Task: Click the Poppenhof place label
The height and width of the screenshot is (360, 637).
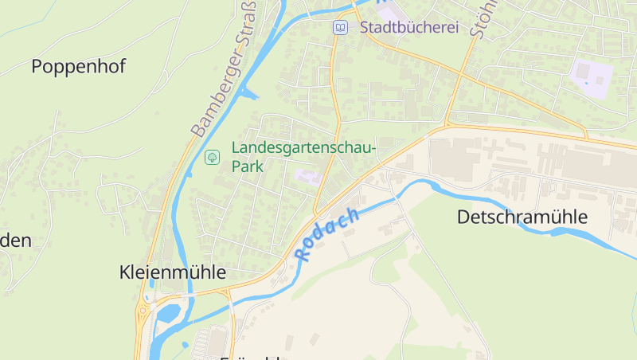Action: (78, 66)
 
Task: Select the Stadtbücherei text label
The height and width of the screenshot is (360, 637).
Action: (409, 28)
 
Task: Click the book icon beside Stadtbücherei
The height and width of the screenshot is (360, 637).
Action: (340, 28)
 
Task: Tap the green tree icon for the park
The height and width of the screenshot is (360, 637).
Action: (213, 157)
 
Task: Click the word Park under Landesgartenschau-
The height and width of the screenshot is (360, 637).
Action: (247, 167)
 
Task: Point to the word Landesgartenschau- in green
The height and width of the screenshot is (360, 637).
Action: (303, 148)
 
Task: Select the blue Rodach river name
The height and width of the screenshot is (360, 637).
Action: (327, 235)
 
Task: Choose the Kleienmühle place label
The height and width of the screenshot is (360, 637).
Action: (172, 272)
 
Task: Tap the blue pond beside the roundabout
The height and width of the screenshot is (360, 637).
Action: (168, 313)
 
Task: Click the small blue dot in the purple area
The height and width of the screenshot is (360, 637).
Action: (586, 80)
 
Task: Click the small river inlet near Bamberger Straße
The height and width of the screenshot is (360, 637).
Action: (249, 95)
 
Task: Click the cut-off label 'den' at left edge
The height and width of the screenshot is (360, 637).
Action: (16, 241)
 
